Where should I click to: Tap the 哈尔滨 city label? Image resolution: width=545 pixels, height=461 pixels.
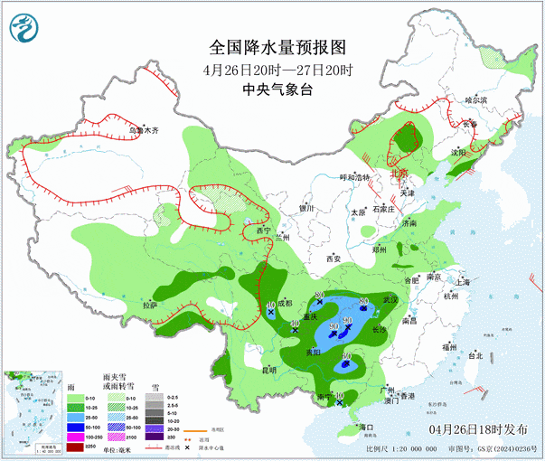475,100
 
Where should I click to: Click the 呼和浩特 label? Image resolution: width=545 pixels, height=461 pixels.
355,177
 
